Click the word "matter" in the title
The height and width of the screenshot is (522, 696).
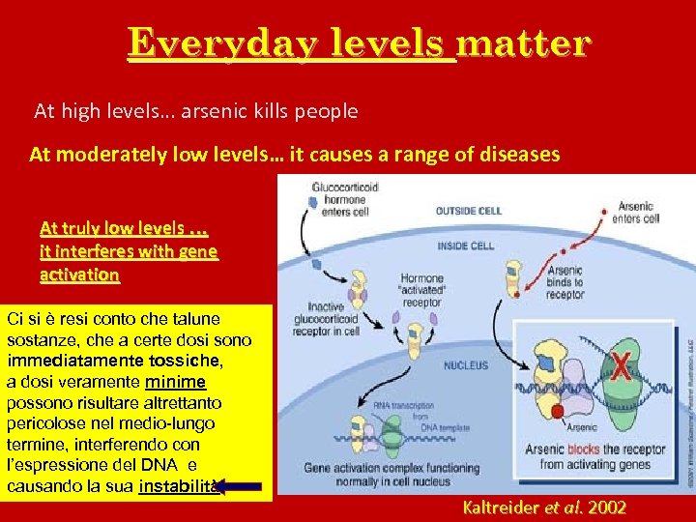pyautogui.click(x=523, y=43)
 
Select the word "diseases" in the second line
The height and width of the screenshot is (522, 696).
pyautogui.click(x=517, y=154)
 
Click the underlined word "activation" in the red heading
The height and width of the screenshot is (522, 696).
pyautogui.click(x=80, y=275)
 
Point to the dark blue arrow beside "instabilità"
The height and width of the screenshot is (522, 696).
pyautogui.click(x=236, y=486)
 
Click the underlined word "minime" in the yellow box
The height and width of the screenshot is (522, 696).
pyautogui.click(x=174, y=382)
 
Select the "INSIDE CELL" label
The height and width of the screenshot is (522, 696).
pyautogui.click(x=467, y=245)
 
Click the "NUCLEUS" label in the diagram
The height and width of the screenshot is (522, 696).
pyautogui.click(x=466, y=366)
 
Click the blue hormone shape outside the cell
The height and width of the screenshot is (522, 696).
pyautogui.click(x=311, y=200)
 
